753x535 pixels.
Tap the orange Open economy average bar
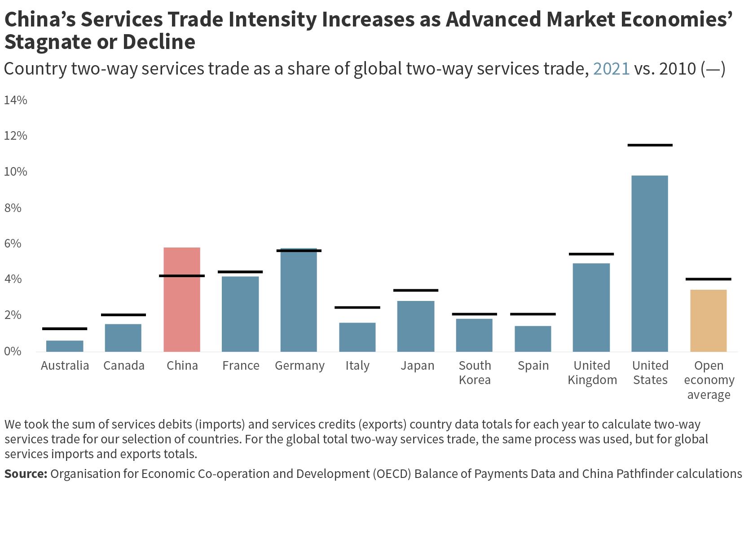point(708,320)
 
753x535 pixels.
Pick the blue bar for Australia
point(65,346)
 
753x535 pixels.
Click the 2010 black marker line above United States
point(650,145)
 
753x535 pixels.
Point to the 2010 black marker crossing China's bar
point(182,276)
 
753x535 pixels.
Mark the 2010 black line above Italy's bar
point(357,308)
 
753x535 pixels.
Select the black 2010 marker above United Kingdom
point(591,254)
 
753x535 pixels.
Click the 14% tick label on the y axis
point(16,100)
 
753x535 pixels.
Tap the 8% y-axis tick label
point(13,208)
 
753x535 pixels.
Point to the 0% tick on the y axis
point(13,351)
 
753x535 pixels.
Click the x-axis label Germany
point(299,366)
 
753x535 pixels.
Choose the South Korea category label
point(475,372)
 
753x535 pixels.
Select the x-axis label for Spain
point(533,366)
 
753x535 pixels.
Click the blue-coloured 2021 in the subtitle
point(611,69)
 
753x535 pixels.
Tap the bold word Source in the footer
point(26,474)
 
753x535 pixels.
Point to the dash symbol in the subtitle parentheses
point(713,69)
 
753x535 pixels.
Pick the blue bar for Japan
point(416,326)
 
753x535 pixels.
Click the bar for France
point(240,314)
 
